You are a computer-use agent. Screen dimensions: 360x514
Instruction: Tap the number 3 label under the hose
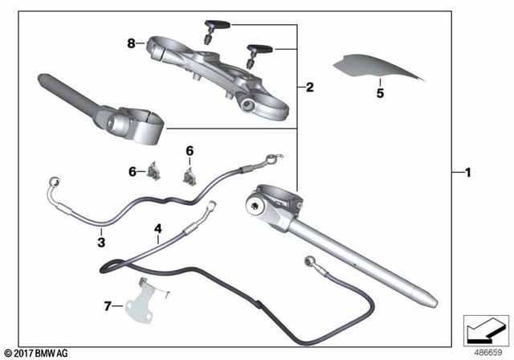click(101, 242)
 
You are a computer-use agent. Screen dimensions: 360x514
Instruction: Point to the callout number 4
click(158, 229)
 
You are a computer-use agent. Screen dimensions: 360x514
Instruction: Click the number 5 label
click(381, 94)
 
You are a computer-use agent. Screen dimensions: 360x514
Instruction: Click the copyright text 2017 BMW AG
click(35, 353)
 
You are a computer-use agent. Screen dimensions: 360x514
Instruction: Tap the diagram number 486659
click(486, 353)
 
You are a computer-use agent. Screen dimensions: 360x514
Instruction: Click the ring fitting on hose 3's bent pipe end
click(53, 181)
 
